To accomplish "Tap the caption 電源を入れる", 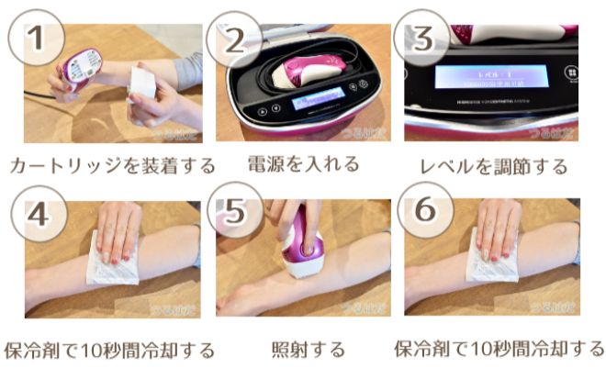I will (x=303, y=164).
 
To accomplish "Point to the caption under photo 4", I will (x=109, y=351).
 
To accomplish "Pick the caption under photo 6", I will (x=499, y=350).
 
